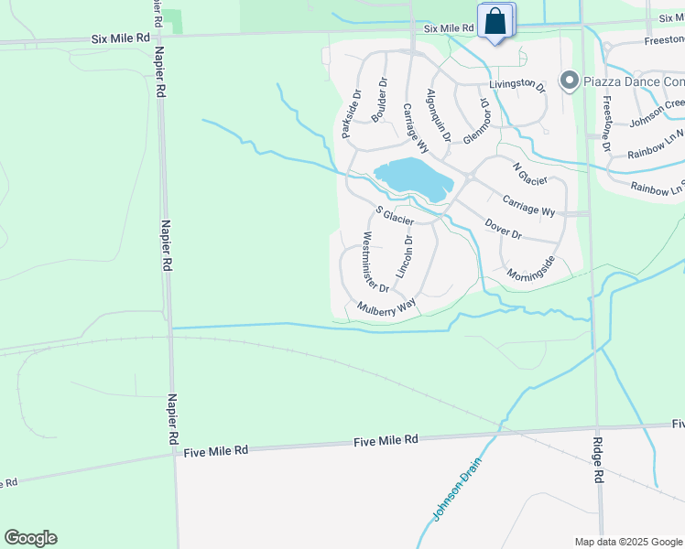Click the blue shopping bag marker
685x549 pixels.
tap(495, 22)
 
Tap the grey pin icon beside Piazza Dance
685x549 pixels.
tap(569, 81)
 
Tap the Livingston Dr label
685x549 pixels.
tap(516, 85)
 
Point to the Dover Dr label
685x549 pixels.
tap(503, 229)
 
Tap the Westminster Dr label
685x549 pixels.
tap(375, 262)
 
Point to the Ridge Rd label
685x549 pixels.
tap(599, 459)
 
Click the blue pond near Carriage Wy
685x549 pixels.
tap(413, 176)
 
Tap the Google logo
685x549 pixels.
tap(30, 538)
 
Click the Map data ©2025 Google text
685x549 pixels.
tap(629, 542)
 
